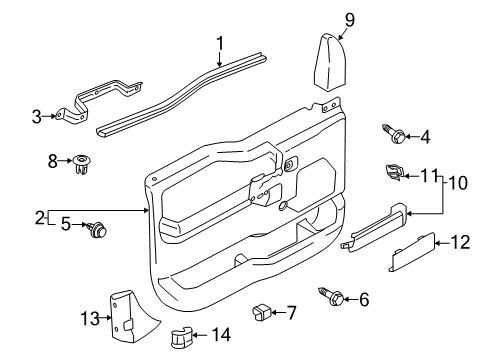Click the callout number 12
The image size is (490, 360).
[462, 242]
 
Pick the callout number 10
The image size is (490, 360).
[455, 183]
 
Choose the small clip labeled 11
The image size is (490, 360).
[394, 174]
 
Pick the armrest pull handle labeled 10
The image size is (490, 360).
[376, 224]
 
